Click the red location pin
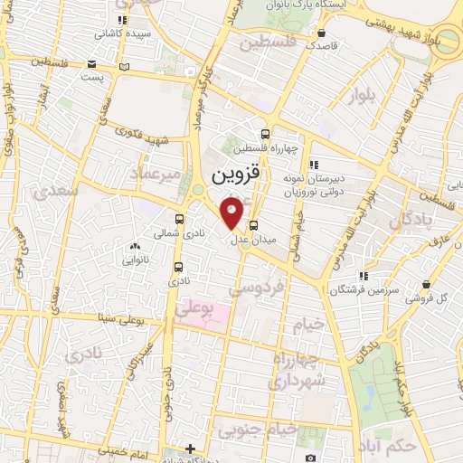click(232, 213)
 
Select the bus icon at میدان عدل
click(253, 225)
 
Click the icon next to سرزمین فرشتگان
click(363, 276)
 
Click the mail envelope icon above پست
click(92, 65)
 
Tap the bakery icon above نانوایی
click(135, 246)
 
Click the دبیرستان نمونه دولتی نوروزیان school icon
click(313, 165)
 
